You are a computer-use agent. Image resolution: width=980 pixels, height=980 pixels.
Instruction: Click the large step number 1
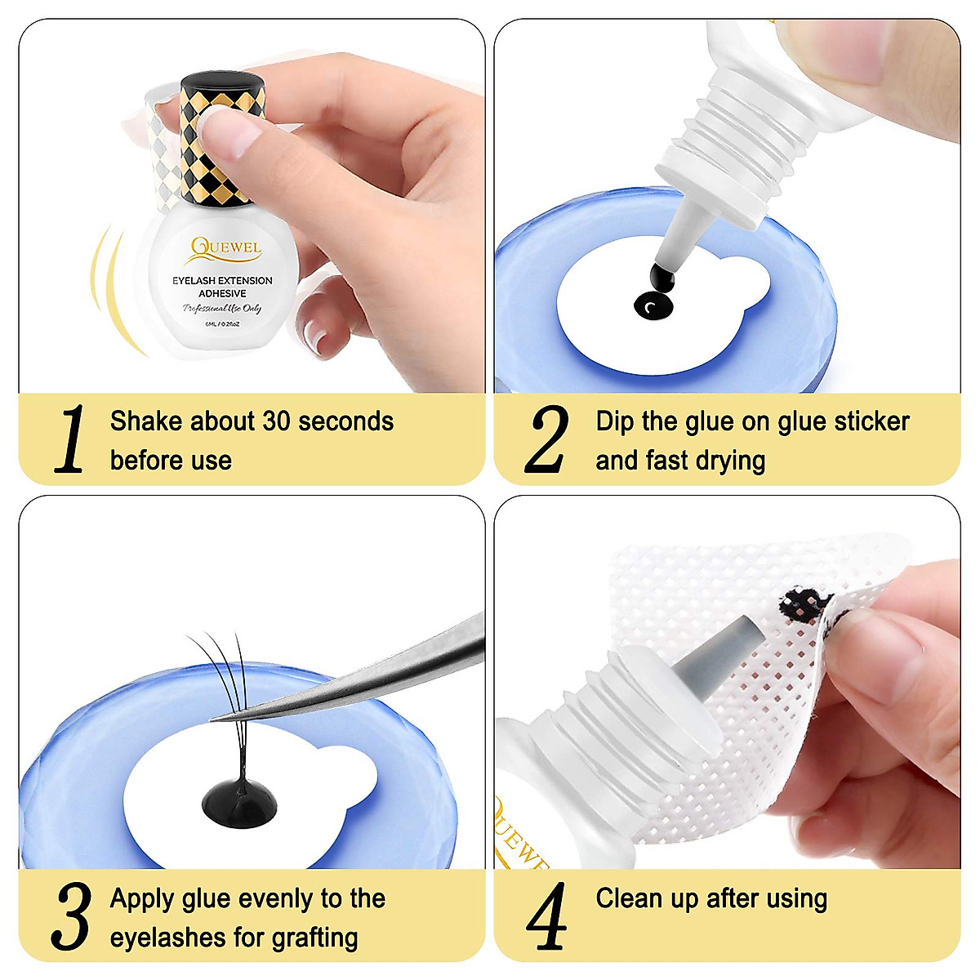[71, 439]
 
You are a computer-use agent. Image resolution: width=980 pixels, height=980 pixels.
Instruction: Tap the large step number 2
[546, 439]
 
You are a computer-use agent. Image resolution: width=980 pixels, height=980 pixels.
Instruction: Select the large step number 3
[71, 915]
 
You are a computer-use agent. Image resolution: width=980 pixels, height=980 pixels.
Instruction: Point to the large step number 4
[546, 915]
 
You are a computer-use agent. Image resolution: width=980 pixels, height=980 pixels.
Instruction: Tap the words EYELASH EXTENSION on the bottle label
[222, 280]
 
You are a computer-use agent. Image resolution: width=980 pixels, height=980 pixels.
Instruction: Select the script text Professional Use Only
[221, 309]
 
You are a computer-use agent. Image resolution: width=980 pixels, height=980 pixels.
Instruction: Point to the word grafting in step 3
[314, 938]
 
